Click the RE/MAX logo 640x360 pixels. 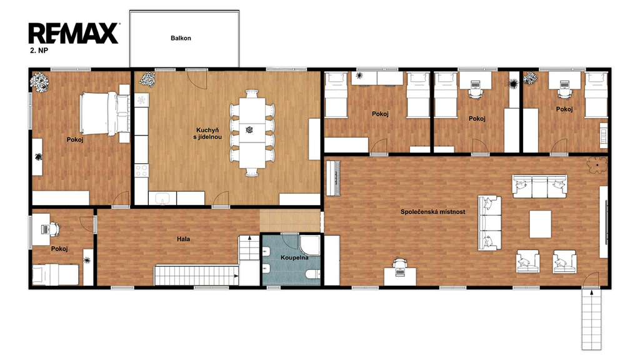click(74, 34)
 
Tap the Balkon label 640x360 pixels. click(181, 38)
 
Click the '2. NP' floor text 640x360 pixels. click(39, 51)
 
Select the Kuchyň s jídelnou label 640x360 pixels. click(207, 134)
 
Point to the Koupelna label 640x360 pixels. click(294, 257)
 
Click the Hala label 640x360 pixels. click(183, 239)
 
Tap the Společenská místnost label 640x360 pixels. click(432, 212)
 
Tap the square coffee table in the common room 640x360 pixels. click(541, 224)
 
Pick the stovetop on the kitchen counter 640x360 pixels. click(142, 171)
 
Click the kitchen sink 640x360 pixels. click(162, 198)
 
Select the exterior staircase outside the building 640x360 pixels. click(591, 319)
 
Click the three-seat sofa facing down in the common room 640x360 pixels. click(539, 186)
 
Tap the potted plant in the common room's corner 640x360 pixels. click(597, 165)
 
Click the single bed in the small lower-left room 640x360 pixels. click(56, 275)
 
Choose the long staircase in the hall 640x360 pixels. click(196, 276)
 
